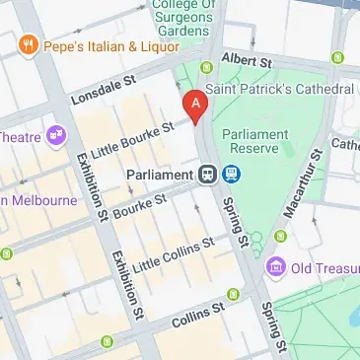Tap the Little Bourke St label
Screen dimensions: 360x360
[132, 139]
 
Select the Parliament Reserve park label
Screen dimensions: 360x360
[253, 141]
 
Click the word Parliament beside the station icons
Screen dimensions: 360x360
[158, 175]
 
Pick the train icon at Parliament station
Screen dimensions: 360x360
[207, 175]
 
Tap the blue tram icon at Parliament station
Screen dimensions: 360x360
[231, 175]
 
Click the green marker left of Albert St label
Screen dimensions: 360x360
[206, 68]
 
